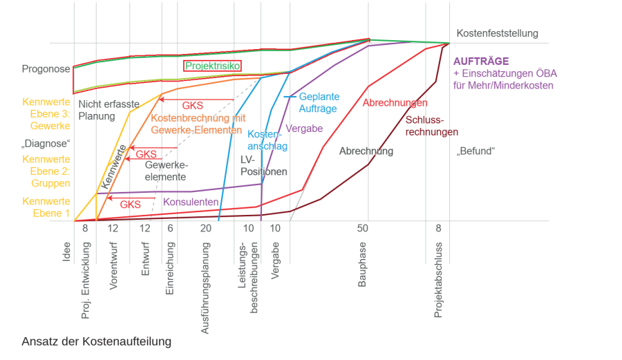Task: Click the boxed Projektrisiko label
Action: pos(212,66)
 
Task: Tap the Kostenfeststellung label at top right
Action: pos(497,33)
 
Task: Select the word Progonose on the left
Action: pos(46,69)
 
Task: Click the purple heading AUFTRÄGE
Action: pos(481,61)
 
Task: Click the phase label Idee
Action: pos(67,252)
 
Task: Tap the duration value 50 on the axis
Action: pos(363,228)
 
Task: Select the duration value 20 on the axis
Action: pos(206,228)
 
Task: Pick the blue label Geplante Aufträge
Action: pos(319,103)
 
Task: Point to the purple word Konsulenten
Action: pos(191,202)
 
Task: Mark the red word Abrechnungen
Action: pos(395,103)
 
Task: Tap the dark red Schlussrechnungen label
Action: pos(431,126)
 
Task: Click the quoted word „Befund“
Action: pos(476,151)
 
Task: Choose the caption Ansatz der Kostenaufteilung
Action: pos(96,342)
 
